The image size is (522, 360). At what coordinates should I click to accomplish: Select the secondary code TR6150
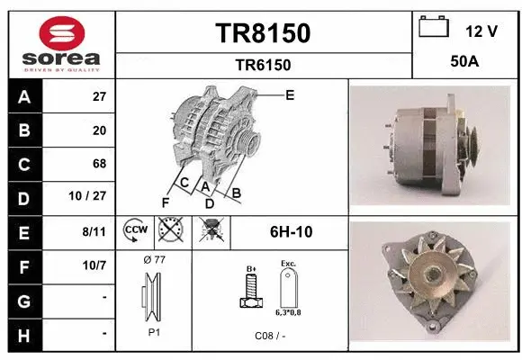pyautogui.click(x=262, y=65)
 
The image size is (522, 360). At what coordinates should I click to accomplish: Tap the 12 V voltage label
pyautogui.click(x=481, y=31)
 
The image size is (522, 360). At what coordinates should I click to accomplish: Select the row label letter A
pyautogui.click(x=23, y=97)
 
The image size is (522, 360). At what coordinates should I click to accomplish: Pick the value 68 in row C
pyautogui.click(x=99, y=164)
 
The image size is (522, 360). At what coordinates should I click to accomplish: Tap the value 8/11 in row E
pyautogui.click(x=94, y=231)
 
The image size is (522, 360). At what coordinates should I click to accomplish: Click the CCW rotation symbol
pyautogui.click(x=135, y=231)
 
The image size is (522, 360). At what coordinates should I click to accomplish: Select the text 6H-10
pyautogui.click(x=291, y=232)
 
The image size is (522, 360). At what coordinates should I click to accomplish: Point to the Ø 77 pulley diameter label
pyautogui.click(x=155, y=260)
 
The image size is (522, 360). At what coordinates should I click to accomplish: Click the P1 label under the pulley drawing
pyautogui.click(x=155, y=331)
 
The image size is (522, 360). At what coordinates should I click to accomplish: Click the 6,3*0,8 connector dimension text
pyautogui.click(x=288, y=312)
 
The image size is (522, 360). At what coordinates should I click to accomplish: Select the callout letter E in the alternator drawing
pyautogui.click(x=290, y=94)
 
